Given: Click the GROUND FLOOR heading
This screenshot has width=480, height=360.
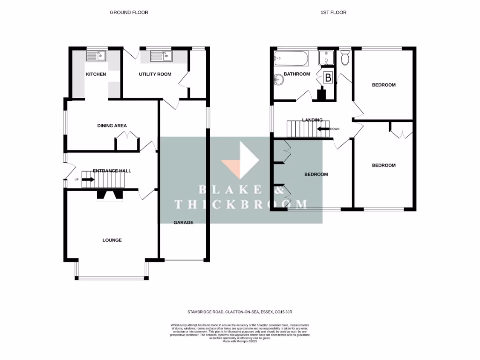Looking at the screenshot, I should point(129,12).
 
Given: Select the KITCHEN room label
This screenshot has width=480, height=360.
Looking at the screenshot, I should point(96,74).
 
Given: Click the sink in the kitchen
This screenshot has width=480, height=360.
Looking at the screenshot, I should point(97,56).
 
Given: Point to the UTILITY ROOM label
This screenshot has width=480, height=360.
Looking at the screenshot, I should point(155,74).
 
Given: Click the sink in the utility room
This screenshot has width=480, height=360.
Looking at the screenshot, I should point(161,56).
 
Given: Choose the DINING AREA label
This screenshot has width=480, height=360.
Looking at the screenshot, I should point(112,125).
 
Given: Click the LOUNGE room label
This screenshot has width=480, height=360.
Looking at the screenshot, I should point(112,240).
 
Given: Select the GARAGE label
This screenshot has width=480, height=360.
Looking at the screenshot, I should point(183,222).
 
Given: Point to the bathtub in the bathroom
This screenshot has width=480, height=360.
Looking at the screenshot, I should point(291,59).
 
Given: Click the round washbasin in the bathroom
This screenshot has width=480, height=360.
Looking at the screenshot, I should point(280,80).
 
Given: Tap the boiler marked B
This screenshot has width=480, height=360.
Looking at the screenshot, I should point(328,78).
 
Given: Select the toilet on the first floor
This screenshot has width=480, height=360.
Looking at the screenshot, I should point(345,58).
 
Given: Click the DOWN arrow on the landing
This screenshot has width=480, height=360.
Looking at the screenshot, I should point(323,129).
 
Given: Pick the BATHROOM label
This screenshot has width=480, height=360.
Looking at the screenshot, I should point(296,74).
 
